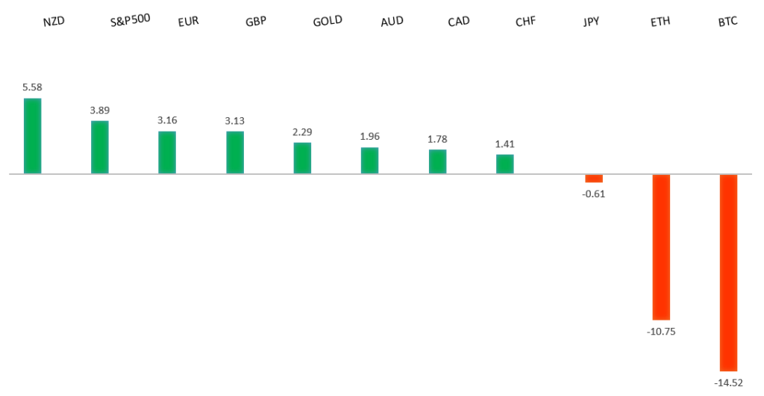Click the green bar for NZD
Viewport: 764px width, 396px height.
click(32, 136)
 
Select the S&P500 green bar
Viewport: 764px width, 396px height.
click(100, 147)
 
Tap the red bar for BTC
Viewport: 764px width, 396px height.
click(728, 273)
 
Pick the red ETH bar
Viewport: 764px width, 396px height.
click(661, 247)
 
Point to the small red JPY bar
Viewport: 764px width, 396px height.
click(594, 179)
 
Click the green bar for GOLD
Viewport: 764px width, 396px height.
click(302, 158)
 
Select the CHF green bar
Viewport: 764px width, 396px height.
click(505, 164)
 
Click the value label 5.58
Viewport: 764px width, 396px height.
click(32, 87)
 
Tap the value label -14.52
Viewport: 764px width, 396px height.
click(728, 382)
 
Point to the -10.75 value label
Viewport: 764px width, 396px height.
click(661, 331)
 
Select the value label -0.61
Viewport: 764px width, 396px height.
click(594, 194)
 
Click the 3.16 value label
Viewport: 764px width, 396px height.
click(167, 120)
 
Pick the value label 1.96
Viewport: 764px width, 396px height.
click(370, 137)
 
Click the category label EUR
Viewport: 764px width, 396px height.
click(188, 22)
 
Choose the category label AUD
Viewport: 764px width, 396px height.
click(392, 21)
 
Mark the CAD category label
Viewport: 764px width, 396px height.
click(459, 21)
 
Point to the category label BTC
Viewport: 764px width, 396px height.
click(727, 21)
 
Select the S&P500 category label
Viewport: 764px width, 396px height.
click(130, 19)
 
